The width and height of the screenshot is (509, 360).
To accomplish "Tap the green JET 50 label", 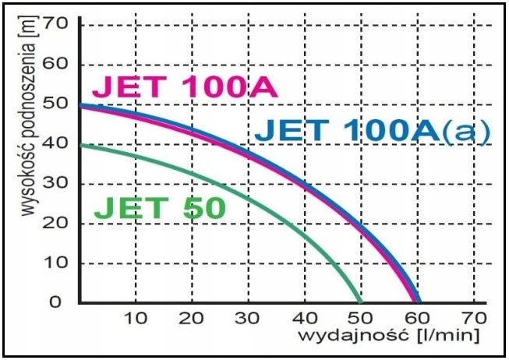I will pos(159,207).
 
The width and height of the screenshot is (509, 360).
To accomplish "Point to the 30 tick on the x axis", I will pos(248,318).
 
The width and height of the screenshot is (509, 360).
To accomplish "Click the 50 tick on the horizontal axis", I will pos(361,318).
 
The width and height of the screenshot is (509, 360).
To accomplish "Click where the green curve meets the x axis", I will pos(360,302).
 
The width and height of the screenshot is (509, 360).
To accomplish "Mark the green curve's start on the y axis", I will pos(80,144).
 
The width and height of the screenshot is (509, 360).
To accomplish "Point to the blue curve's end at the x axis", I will pos(419,302).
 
